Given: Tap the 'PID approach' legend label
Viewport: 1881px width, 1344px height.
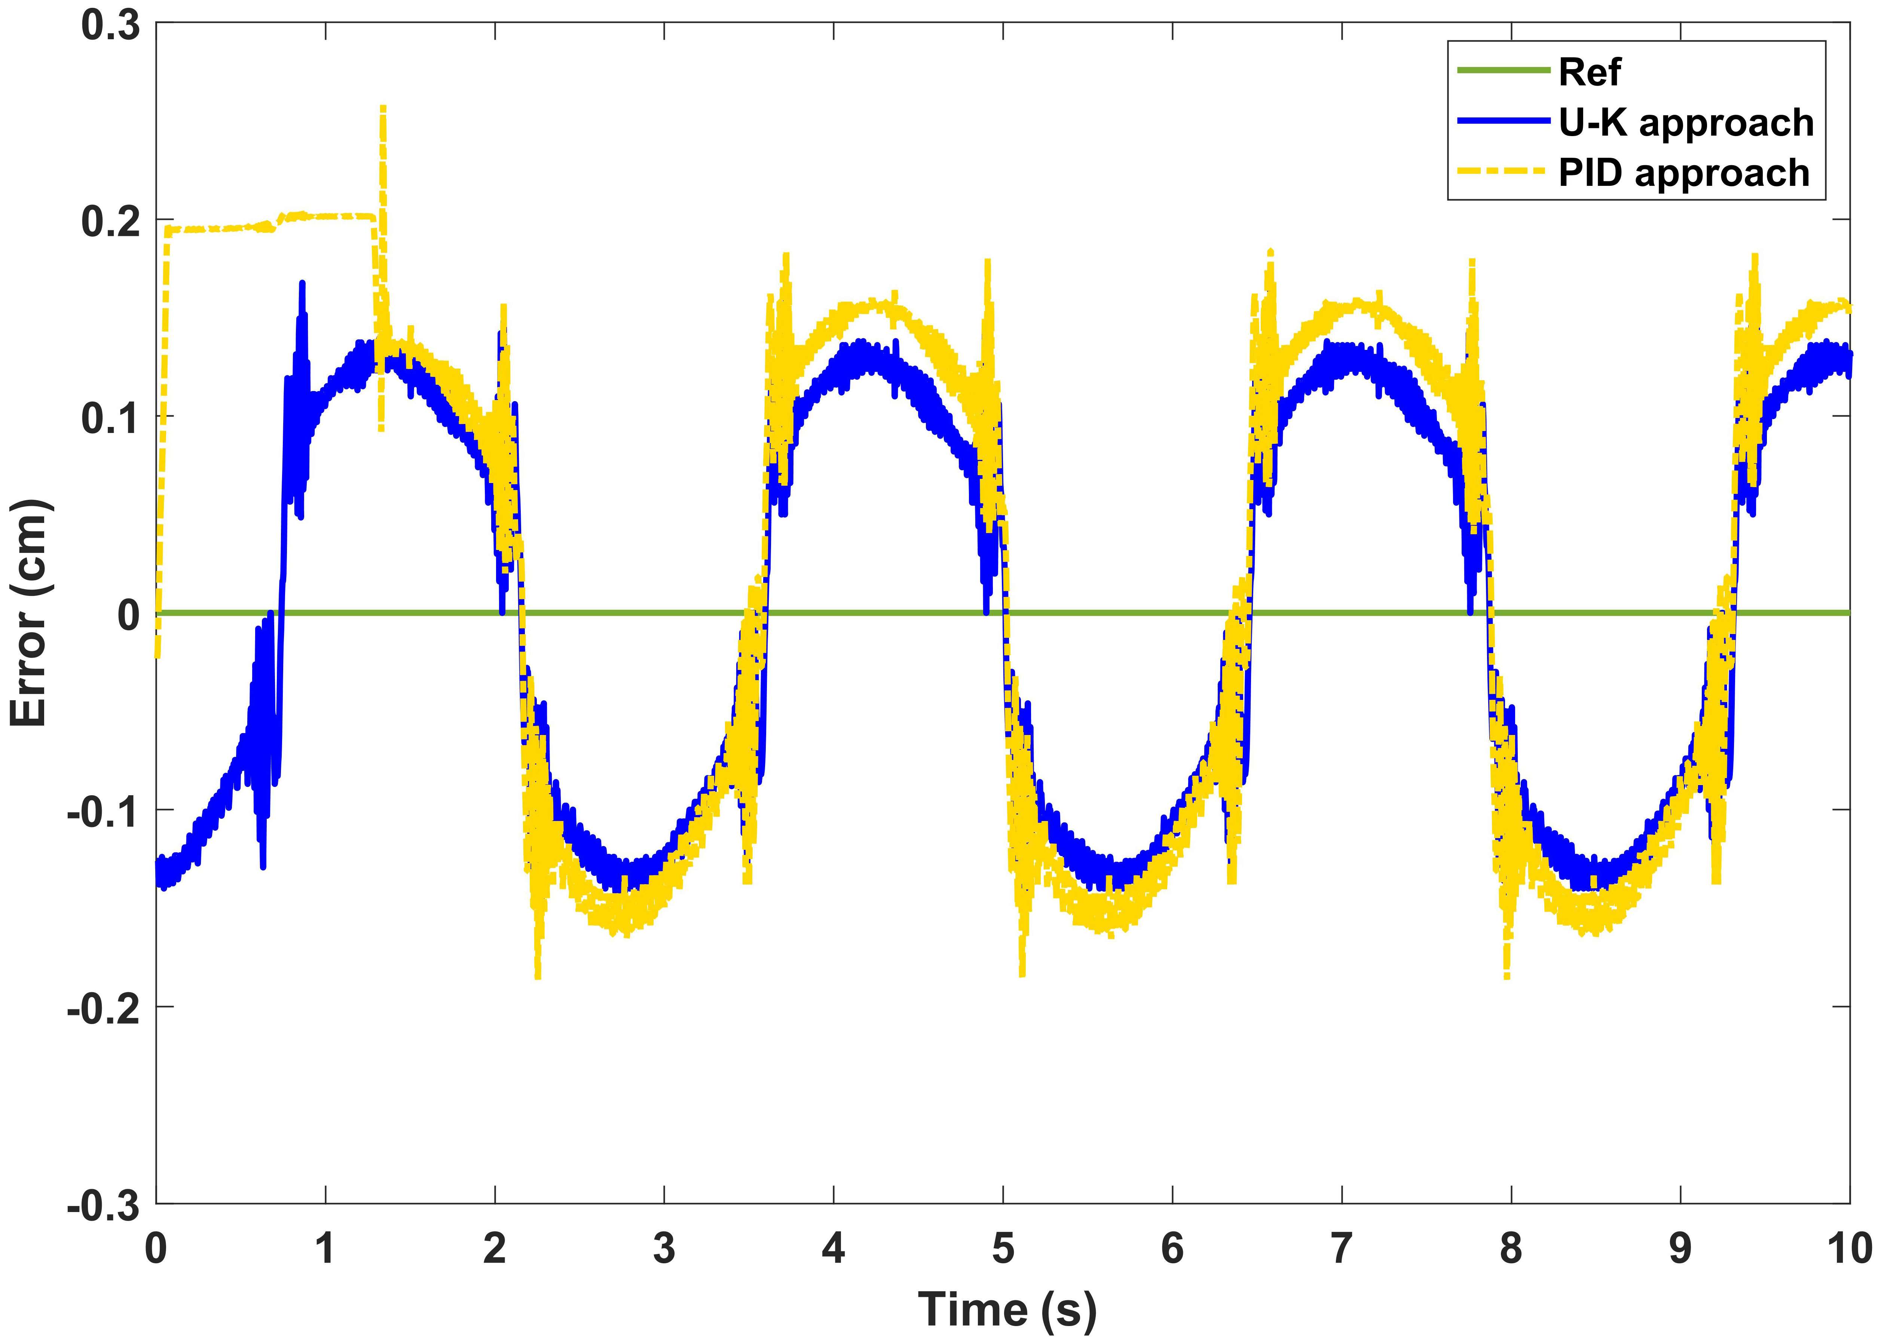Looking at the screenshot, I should (x=1684, y=173).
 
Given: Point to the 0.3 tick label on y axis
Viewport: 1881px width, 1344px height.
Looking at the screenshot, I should (x=110, y=25).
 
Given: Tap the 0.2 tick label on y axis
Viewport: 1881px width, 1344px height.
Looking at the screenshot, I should (x=110, y=222).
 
